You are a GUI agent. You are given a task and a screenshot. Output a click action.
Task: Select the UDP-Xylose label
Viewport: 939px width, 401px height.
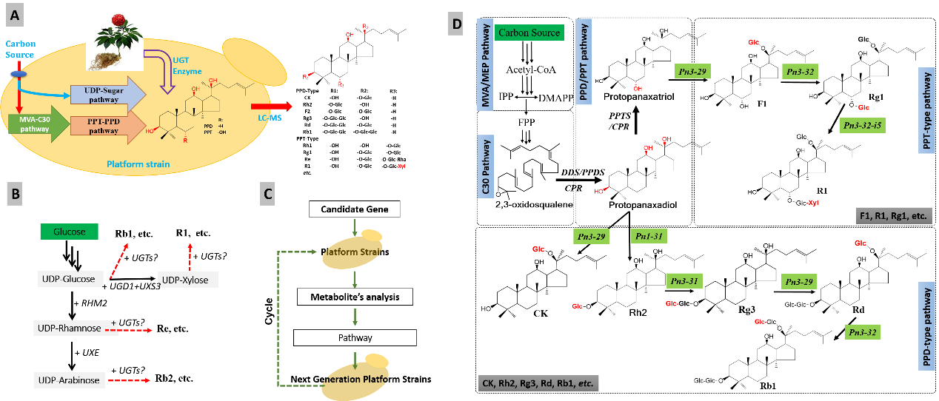click(x=190, y=280)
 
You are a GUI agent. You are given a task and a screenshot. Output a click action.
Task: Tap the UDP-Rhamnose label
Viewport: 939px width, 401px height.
click(x=67, y=327)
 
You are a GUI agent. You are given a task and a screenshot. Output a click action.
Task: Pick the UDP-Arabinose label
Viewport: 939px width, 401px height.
click(x=67, y=380)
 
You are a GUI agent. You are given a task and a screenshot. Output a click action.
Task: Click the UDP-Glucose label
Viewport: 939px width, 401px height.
click(x=68, y=279)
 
